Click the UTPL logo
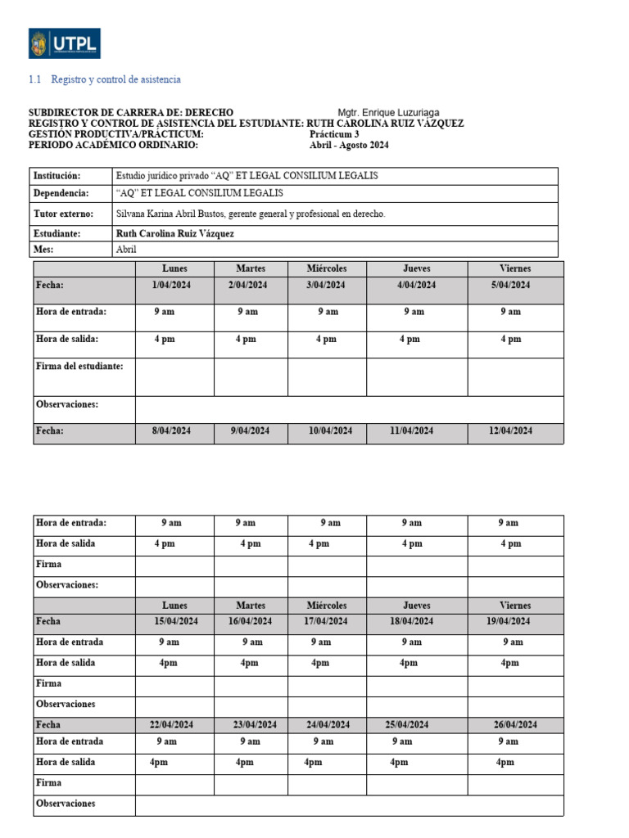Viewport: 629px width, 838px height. tap(65, 44)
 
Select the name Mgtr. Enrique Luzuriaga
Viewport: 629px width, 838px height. tap(388, 112)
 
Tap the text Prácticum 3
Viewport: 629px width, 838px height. tap(334, 134)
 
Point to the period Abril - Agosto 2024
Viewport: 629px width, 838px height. tap(350, 146)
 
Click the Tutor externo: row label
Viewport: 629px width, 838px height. tap(63, 214)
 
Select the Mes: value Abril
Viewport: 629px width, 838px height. tap(126, 250)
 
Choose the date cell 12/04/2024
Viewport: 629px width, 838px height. tap(510, 431)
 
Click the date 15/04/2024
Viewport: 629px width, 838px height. tap(176, 622)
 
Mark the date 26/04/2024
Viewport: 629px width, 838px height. tap(515, 725)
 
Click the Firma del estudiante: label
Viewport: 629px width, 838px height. tap(79, 367)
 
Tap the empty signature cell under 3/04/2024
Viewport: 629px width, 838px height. tap(327, 376)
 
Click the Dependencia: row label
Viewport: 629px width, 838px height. tap(61, 193)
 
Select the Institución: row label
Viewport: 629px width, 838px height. tap(58, 176)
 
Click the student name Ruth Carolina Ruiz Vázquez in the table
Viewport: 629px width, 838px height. tap(175, 233)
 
